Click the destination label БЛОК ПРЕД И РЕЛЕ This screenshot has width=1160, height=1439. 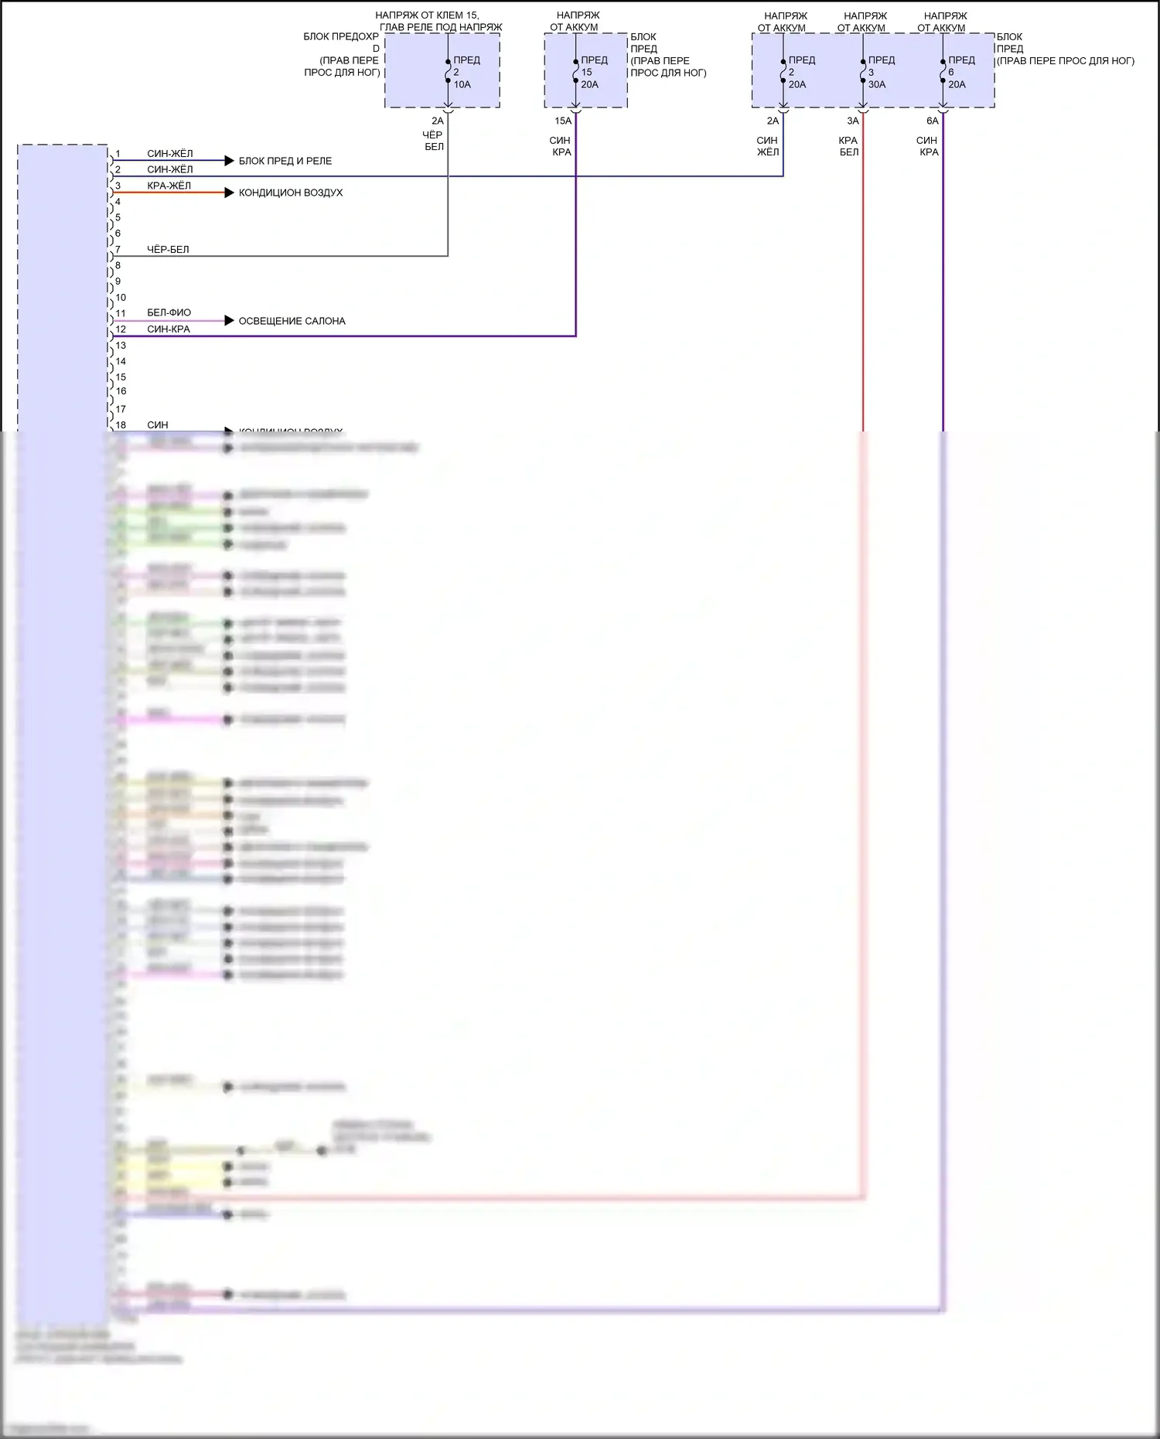click(285, 161)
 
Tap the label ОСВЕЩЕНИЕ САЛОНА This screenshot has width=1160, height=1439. click(292, 321)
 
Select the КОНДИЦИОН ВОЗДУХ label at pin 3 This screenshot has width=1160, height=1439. click(290, 193)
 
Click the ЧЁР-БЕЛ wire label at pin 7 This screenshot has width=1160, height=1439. click(168, 250)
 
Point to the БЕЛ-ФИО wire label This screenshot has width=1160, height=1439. click(169, 313)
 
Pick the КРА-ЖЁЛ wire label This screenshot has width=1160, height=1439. click(169, 186)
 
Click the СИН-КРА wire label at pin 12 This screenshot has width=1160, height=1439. click(169, 329)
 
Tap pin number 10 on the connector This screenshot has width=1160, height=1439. click(121, 298)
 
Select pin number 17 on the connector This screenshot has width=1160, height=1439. click(121, 409)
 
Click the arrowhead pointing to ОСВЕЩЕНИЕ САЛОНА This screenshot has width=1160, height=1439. click(229, 320)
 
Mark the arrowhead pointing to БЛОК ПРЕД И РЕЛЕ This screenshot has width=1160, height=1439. click(229, 161)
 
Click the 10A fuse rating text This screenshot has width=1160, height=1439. click(462, 84)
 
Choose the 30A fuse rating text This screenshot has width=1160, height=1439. click(876, 84)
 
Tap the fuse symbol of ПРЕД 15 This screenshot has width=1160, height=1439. click(576, 71)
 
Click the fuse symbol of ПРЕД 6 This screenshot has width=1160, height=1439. click(943, 71)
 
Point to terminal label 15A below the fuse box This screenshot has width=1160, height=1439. click(562, 121)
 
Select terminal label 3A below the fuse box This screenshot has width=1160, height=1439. click(852, 121)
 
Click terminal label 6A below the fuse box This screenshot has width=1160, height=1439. click(932, 121)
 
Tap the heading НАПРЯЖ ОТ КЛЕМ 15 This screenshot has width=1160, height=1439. click(427, 15)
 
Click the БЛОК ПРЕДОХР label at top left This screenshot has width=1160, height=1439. click(341, 36)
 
